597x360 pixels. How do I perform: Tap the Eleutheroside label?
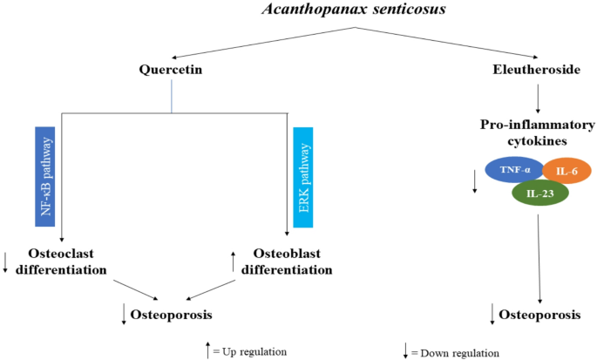click(x=537, y=69)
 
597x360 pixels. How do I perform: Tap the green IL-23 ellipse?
click(x=539, y=194)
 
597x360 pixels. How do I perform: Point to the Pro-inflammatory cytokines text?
click(x=536, y=132)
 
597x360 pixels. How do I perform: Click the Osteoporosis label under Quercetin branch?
click(x=173, y=312)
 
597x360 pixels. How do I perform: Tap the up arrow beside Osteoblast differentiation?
click(x=234, y=259)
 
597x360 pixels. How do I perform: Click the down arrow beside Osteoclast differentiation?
click(x=6, y=261)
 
